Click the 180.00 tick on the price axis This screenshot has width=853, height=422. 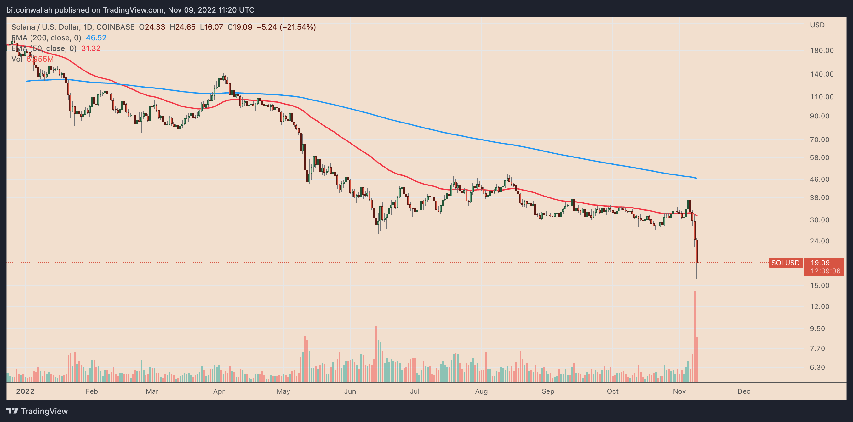(x=822, y=51)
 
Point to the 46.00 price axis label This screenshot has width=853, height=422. (x=819, y=180)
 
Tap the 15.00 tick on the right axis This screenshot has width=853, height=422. (x=819, y=285)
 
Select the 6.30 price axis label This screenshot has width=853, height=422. (x=817, y=368)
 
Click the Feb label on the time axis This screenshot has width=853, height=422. (x=92, y=391)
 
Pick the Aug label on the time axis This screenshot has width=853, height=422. (x=481, y=391)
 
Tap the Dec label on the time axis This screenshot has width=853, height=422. (x=744, y=391)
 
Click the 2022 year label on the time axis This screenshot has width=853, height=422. (x=25, y=391)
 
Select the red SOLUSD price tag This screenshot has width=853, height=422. (x=785, y=263)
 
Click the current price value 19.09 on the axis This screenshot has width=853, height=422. (x=820, y=263)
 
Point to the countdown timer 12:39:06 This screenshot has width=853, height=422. (x=825, y=271)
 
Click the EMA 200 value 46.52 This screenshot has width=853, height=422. (x=96, y=38)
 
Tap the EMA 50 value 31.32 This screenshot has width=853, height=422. (x=91, y=48)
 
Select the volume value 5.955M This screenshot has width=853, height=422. (x=40, y=59)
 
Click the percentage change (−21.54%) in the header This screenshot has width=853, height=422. (x=298, y=27)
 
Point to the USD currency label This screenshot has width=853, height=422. (x=817, y=25)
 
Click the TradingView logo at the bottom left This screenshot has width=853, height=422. (x=37, y=411)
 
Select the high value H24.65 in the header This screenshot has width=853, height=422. (x=182, y=27)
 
